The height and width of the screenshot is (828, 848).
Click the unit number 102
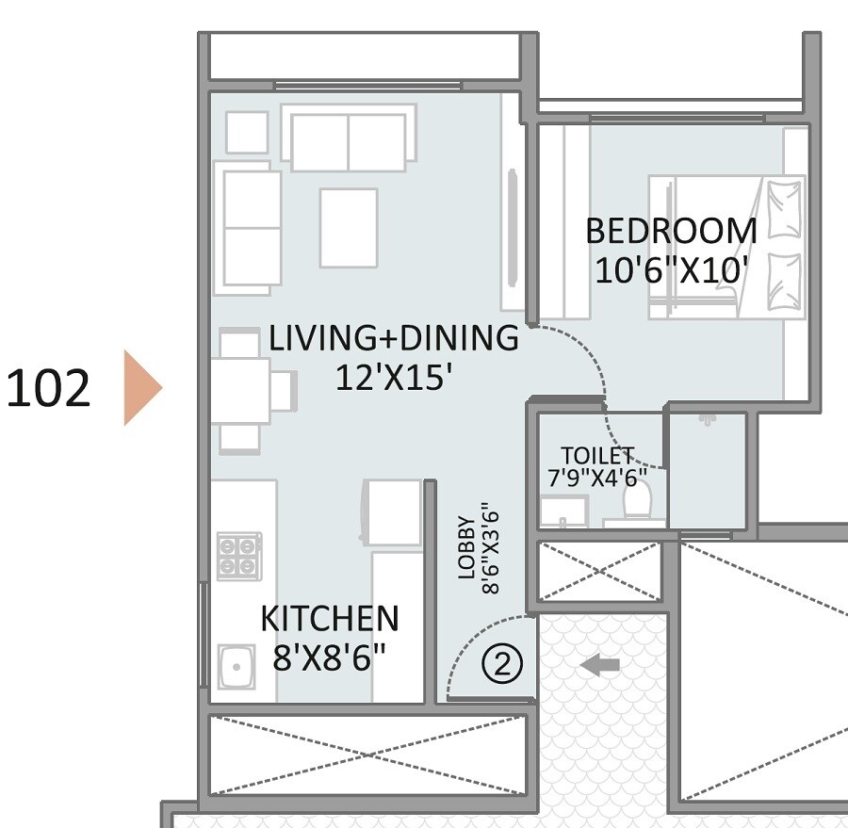click(49, 388)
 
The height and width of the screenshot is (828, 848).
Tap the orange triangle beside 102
click(141, 387)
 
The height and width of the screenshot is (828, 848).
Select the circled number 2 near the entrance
click(501, 664)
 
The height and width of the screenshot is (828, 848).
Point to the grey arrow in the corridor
click(600, 666)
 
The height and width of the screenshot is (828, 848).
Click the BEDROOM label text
click(671, 231)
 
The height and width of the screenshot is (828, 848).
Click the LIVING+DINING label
click(393, 338)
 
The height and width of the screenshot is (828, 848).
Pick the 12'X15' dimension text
click(395, 378)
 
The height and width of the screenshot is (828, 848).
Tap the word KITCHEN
click(329, 619)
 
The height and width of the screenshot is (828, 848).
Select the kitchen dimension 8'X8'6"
click(329, 658)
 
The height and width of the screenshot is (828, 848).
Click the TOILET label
click(597, 456)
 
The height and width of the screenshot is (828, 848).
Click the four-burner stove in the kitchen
click(239, 556)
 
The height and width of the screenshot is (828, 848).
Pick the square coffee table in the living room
click(348, 227)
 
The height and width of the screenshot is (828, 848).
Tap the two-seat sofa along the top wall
click(349, 139)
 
